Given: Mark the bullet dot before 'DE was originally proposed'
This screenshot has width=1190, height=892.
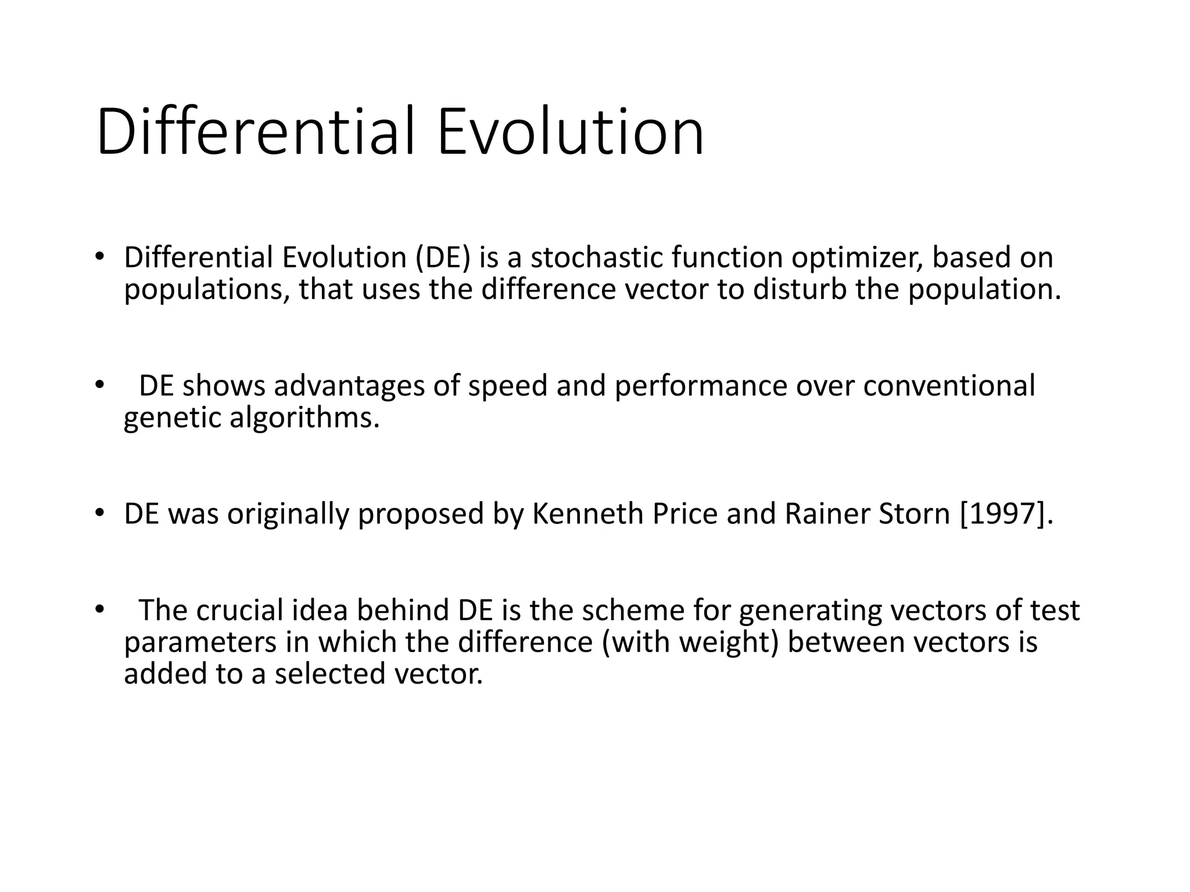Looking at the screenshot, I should point(99,513).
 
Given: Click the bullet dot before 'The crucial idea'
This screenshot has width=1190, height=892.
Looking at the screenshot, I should point(99,609).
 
